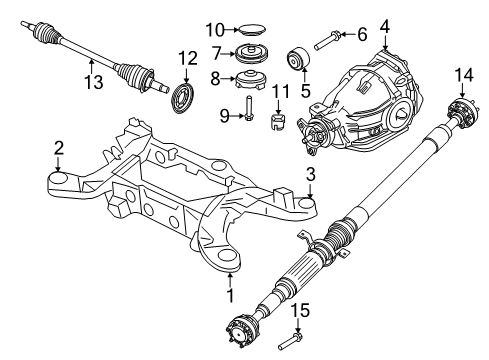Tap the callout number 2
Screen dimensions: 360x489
(58, 149)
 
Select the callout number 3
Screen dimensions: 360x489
(311, 175)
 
